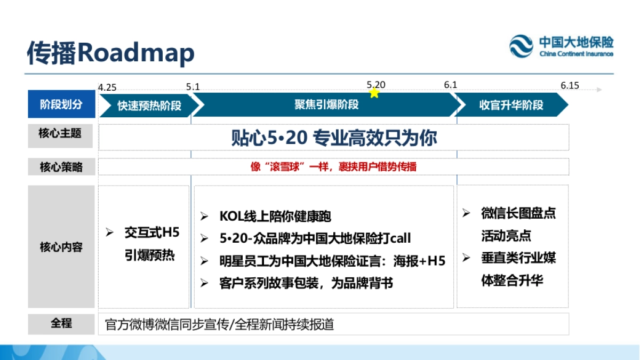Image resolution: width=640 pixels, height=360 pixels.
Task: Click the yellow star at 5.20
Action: [374, 93]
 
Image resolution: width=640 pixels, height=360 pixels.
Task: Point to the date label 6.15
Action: [570, 85]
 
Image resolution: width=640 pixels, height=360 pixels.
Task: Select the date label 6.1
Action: [451, 85]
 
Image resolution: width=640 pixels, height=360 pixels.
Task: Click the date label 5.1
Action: [193, 86]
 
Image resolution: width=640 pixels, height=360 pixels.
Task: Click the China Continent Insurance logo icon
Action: [521, 46]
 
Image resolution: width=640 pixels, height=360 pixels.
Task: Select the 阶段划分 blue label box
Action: [61, 105]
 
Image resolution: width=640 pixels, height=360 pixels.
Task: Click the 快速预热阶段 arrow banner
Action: [148, 105]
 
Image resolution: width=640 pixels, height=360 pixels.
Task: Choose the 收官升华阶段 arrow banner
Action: [510, 105]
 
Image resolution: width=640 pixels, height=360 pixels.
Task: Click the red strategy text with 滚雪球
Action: [333, 166]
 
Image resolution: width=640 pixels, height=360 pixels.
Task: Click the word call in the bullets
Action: [400, 238]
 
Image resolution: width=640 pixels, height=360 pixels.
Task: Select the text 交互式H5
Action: [152, 233]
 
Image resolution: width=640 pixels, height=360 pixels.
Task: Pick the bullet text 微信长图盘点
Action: [518, 213]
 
